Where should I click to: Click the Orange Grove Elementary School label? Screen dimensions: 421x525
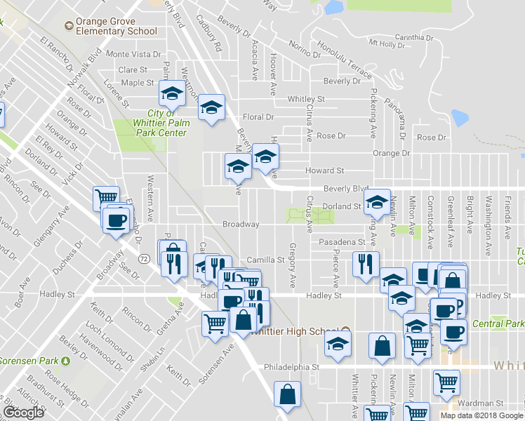coord(115,27)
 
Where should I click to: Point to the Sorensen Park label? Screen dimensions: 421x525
coord(28,361)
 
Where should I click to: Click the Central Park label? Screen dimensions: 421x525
coord(498,323)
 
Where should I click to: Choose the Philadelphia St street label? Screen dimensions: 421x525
coord(291,366)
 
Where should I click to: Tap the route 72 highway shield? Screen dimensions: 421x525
coord(142,259)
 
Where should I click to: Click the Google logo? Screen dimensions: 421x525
coord(23,413)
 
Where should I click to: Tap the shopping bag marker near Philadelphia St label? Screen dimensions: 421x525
coord(382,347)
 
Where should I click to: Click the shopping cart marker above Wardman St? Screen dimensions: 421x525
coord(446,382)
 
